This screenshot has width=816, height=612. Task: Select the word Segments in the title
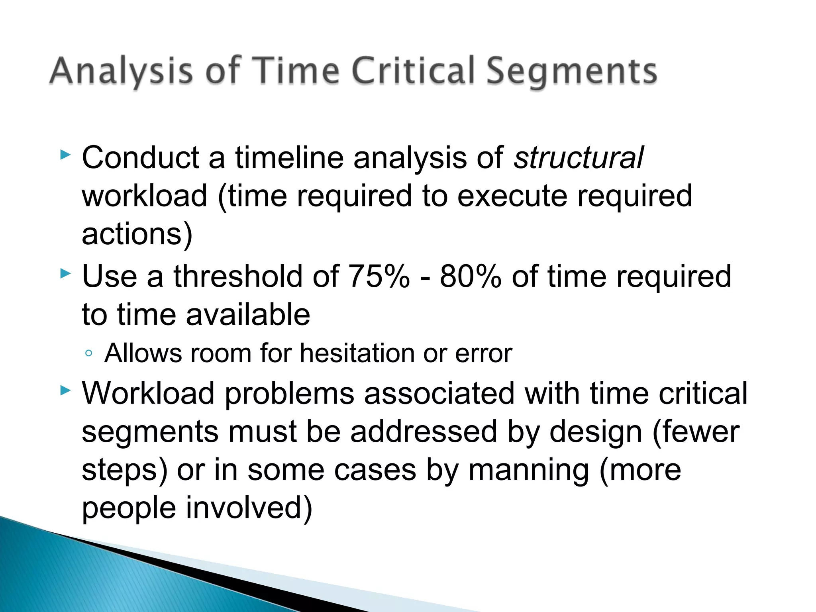pos(572,72)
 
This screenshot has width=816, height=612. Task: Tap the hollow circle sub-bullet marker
pos(89,353)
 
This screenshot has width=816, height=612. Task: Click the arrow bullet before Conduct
pos(65,155)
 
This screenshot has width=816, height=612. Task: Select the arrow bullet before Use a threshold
pos(65,274)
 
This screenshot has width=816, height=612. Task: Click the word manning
pos(528,470)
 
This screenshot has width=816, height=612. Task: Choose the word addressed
pos(424,432)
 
